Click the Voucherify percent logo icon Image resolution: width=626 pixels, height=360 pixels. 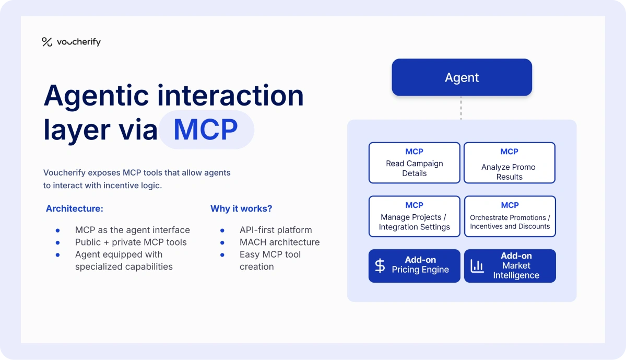click(x=47, y=42)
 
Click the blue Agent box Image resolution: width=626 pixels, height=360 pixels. click(x=462, y=77)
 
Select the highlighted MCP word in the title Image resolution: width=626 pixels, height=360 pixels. click(x=206, y=130)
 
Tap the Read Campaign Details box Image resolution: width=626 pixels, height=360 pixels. click(x=414, y=162)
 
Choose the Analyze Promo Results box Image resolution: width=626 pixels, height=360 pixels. click(x=509, y=162)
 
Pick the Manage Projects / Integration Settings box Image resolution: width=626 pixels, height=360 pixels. click(x=414, y=216)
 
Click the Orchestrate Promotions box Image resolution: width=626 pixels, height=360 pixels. click(x=510, y=216)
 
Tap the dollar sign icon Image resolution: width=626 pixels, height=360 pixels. click(x=380, y=265)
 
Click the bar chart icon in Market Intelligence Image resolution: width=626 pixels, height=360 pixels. click(x=477, y=266)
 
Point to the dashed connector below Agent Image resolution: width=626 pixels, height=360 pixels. click(x=461, y=108)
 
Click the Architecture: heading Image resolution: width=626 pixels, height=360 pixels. click(x=75, y=208)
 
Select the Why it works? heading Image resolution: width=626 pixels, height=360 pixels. click(x=241, y=208)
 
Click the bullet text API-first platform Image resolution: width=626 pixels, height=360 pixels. click(x=276, y=230)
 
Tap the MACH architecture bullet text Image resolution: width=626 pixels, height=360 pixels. click(x=279, y=242)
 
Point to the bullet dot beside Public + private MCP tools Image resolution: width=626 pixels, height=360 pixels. click(x=57, y=242)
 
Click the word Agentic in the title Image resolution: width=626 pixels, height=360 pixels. click(x=96, y=95)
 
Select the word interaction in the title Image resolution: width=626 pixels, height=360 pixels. click(x=231, y=95)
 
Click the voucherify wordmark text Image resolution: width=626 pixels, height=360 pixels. click(x=79, y=42)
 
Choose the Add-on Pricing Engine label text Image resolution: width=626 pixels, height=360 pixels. click(x=420, y=265)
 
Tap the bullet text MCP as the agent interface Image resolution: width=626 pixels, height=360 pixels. click(x=132, y=230)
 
